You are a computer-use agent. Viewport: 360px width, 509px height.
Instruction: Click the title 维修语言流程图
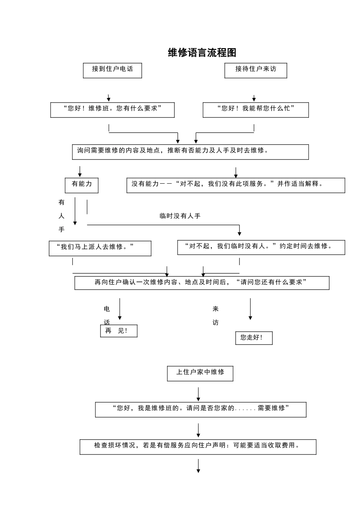[x=202, y=53]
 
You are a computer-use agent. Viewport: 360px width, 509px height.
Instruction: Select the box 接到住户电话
[x=113, y=70]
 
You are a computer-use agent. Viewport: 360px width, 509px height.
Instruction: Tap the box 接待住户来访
[x=256, y=70]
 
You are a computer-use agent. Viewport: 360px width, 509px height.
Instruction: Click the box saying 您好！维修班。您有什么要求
[x=113, y=110]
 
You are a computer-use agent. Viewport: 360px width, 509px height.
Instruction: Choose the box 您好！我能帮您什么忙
[x=256, y=110]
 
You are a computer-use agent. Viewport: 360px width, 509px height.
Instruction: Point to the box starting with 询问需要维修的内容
[x=190, y=152]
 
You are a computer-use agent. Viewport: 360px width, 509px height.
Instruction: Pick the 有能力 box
[x=81, y=185]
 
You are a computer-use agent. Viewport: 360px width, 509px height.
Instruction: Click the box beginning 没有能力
[x=236, y=185]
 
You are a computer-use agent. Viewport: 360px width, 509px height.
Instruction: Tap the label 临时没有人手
[x=180, y=216]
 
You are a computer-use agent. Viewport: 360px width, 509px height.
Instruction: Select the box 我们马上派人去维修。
[x=100, y=248]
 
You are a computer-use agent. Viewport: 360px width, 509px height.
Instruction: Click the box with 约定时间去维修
[x=261, y=247]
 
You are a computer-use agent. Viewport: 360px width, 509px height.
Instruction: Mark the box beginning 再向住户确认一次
[x=202, y=283]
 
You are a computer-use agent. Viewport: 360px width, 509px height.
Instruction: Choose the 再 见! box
[x=119, y=331]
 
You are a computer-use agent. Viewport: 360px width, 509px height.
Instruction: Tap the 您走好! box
[x=254, y=338]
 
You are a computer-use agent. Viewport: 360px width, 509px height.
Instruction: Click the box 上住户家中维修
[x=200, y=373]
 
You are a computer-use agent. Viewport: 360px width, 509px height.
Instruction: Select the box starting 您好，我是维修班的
[x=200, y=410]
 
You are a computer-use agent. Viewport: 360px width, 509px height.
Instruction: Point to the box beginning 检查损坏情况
[x=198, y=447]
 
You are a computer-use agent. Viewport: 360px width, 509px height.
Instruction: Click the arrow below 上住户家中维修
[x=198, y=394]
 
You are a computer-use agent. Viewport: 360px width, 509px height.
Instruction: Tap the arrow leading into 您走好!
[x=250, y=309]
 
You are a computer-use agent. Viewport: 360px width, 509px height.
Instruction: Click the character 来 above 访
[x=216, y=309]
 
